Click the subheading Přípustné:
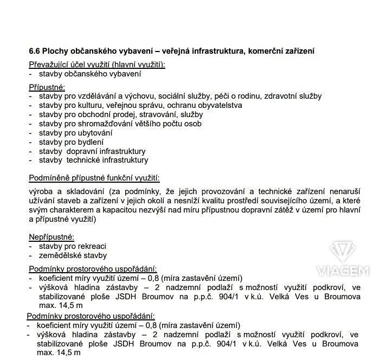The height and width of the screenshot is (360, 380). point(47,87)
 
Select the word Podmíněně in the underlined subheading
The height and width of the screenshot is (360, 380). point(50,178)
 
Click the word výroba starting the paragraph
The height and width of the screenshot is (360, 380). point(41,192)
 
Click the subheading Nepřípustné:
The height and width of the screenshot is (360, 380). point(51,237)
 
